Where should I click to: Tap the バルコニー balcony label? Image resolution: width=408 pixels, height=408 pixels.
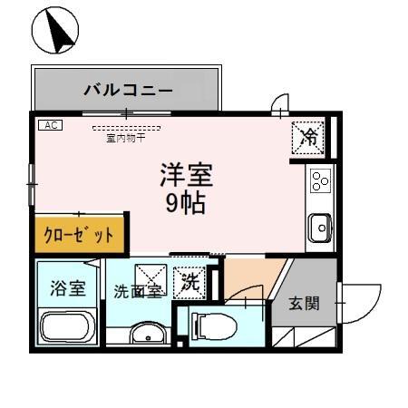click(x=128, y=91)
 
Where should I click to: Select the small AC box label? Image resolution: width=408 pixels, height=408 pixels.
click(x=49, y=126)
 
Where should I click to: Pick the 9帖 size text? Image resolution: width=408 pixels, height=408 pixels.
click(x=185, y=202)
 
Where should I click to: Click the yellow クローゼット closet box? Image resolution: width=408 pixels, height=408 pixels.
click(x=81, y=234)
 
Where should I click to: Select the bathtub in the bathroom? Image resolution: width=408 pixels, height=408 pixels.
click(x=68, y=327)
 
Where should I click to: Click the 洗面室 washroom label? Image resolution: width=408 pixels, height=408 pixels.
click(x=137, y=291)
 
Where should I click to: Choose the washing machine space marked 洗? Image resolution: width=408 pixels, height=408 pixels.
click(x=189, y=283)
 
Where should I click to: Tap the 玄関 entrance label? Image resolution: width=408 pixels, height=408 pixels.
click(x=305, y=303)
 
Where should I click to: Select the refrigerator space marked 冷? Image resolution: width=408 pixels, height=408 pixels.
click(x=309, y=138)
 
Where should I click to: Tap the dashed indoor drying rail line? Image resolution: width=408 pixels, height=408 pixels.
click(x=125, y=129)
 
